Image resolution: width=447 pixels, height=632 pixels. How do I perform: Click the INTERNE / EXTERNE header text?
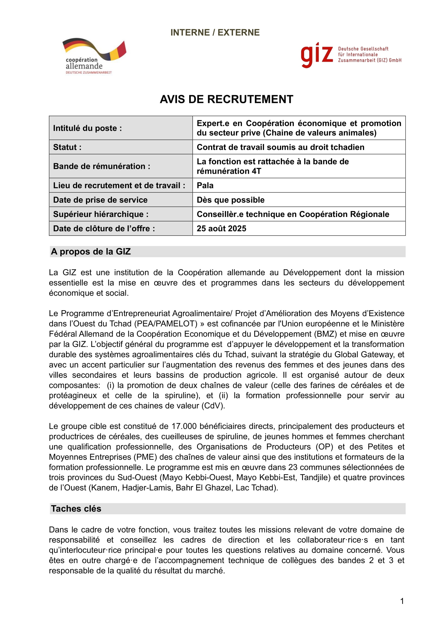click(215, 32)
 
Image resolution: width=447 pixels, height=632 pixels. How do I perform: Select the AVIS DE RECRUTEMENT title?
click(226, 99)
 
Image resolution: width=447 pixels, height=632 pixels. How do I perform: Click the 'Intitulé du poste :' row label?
click(88, 128)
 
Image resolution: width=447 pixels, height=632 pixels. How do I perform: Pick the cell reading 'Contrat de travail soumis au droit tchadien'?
click(280, 147)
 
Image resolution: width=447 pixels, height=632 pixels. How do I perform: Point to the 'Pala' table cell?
click(205, 186)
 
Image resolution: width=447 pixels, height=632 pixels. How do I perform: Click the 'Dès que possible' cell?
click(230, 200)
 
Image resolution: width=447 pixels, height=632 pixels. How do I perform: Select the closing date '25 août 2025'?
click(221, 229)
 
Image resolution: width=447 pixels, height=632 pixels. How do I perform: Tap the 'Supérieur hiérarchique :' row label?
click(101, 214)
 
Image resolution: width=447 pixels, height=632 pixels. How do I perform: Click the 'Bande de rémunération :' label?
click(102, 166)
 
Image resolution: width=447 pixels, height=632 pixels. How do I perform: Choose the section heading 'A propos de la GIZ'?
click(91, 252)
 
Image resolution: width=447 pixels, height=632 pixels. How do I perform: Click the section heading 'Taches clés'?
click(76, 509)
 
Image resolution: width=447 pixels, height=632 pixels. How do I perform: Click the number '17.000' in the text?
click(184, 426)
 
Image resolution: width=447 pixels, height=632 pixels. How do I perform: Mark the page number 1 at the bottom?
click(402, 601)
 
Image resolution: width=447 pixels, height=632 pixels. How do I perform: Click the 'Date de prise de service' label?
click(100, 200)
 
